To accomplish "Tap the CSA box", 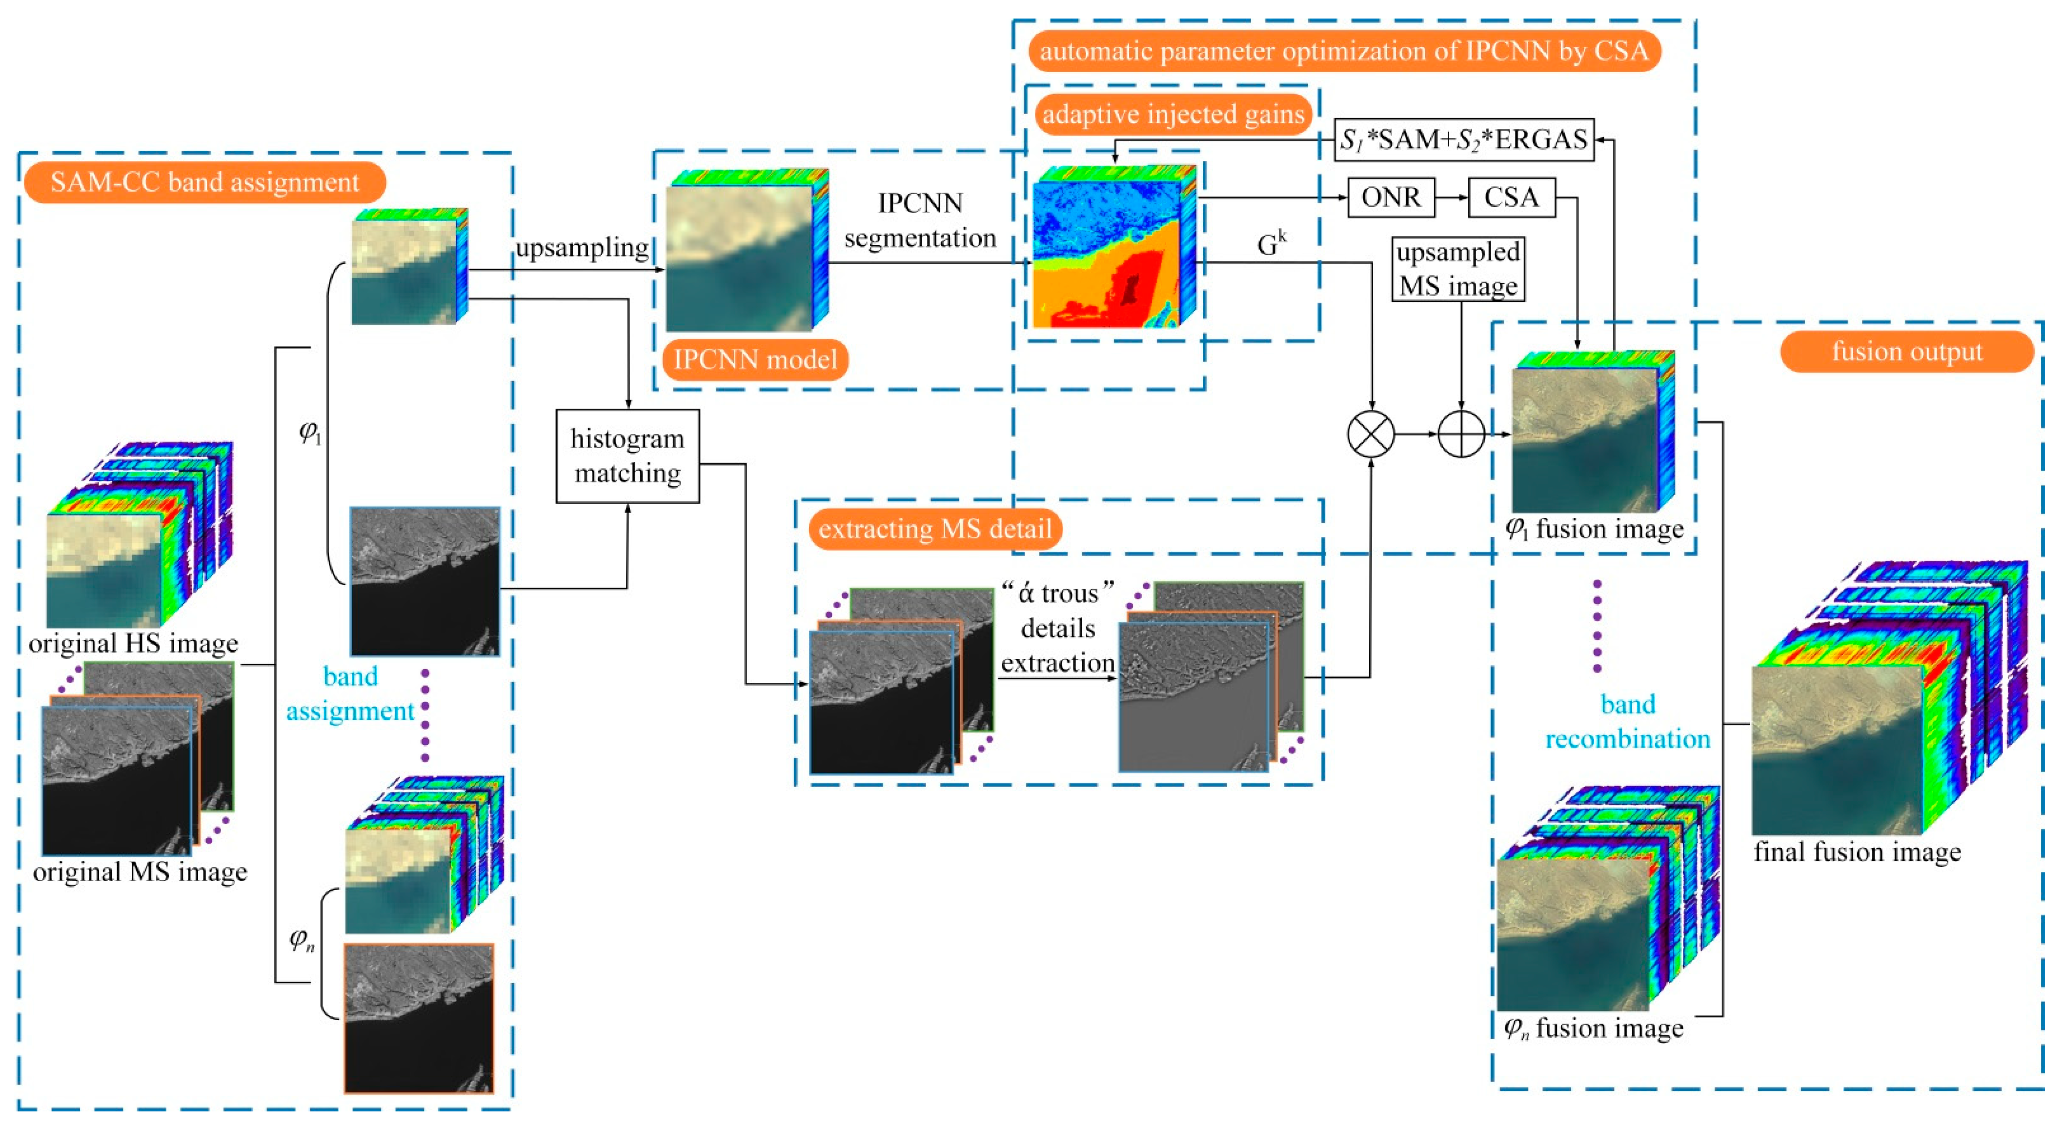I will click(1511, 197).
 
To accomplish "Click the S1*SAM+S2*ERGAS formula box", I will click(1463, 140).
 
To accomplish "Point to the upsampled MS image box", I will click(1457, 269).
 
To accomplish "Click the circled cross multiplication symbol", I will click(1371, 434).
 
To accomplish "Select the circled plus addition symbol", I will click(1461, 434).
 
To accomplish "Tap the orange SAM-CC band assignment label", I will click(205, 182).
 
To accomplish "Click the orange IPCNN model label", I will click(755, 359).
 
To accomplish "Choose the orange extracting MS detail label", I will click(934, 529).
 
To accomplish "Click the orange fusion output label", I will click(1907, 352).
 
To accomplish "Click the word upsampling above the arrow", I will click(582, 248).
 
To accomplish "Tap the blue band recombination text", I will click(1627, 721).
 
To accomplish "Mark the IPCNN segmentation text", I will click(920, 220).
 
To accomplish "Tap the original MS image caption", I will click(140, 872).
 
